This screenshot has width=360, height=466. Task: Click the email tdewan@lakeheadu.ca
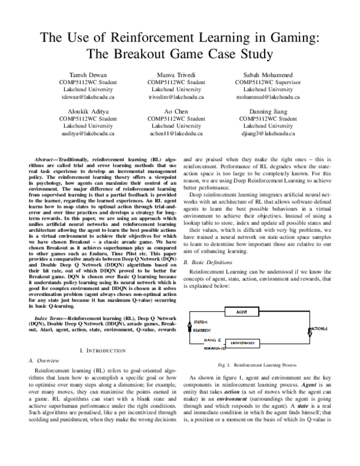click(88, 96)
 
